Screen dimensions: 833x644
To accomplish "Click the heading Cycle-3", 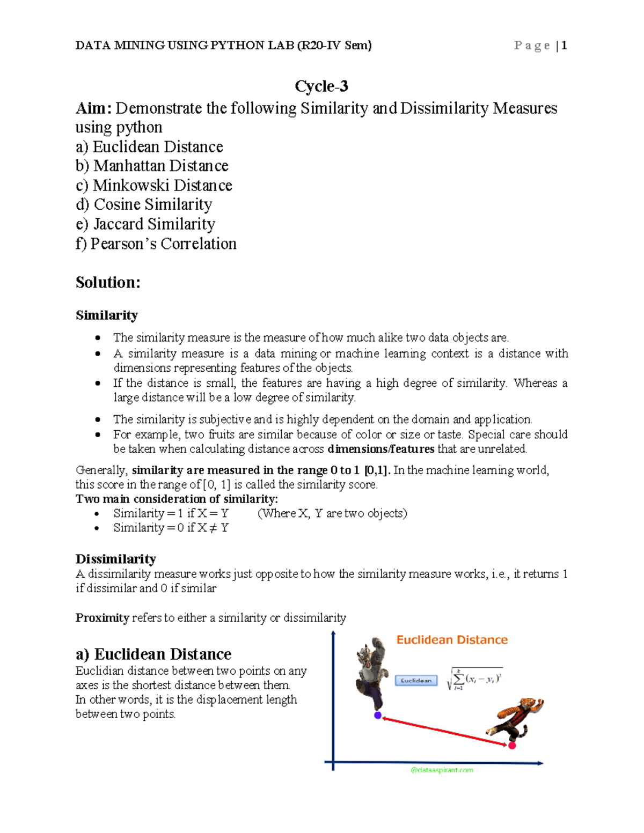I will [321, 86].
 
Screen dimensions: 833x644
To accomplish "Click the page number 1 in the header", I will [564, 46].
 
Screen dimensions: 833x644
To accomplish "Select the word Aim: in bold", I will [93, 108].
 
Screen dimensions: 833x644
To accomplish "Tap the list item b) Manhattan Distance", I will [152, 166].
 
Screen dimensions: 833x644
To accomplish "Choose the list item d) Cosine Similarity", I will [144, 204].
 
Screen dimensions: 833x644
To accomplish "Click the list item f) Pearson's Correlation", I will [156, 244].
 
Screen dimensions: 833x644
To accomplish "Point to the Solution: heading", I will [108, 282].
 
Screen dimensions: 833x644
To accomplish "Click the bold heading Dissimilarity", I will [115, 559].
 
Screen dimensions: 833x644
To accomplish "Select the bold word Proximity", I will [102, 617].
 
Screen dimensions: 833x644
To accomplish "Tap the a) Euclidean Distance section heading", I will [153, 654].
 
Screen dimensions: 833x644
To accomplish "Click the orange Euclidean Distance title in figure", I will [452, 639].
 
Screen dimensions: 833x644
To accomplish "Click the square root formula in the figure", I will [474, 679].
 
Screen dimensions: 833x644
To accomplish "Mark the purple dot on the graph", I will [378, 715].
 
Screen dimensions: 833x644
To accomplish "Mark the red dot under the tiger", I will [512, 745].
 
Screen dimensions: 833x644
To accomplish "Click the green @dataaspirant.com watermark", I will [442, 770].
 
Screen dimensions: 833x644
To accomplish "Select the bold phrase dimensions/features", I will [380, 449].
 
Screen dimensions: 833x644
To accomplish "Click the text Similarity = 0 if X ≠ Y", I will [171, 528].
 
